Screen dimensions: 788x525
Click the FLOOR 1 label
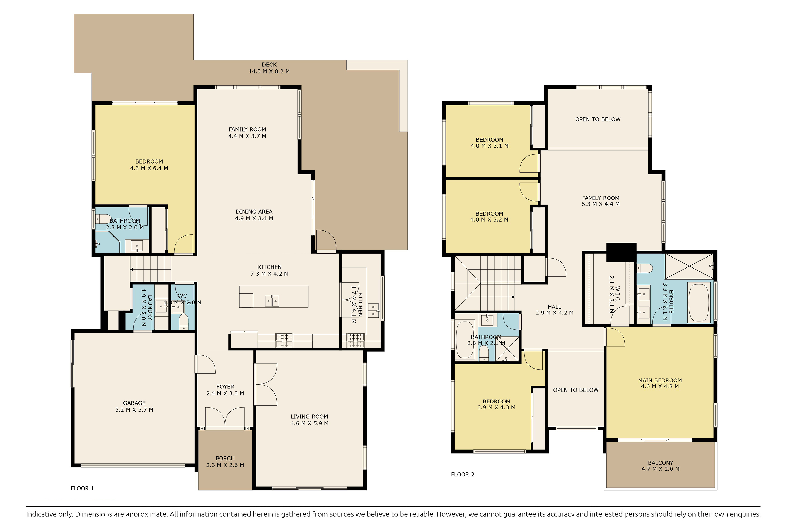(x=82, y=488)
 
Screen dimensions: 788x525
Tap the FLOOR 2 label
(x=462, y=474)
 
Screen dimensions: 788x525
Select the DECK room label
(x=269, y=65)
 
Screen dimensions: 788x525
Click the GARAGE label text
(x=134, y=403)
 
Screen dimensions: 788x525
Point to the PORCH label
(x=225, y=458)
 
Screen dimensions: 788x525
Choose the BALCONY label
(x=660, y=463)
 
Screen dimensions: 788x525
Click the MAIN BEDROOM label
(x=660, y=380)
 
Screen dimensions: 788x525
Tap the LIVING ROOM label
(x=309, y=417)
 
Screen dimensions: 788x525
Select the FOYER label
(x=225, y=387)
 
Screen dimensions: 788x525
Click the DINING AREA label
(x=254, y=212)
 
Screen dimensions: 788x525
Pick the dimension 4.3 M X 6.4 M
(x=149, y=168)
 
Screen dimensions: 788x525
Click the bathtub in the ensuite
(x=698, y=303)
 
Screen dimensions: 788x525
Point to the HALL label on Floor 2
(x=554, y=307)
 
